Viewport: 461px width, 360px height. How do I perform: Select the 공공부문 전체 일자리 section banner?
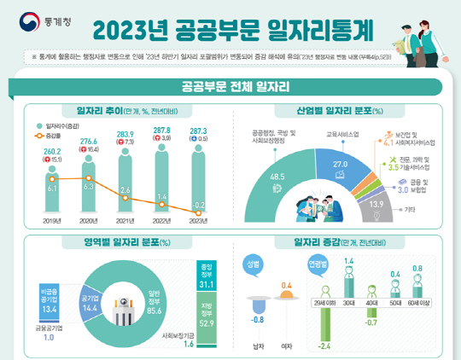click(230, 86)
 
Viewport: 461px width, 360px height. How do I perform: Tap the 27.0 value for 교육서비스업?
click(339, 163)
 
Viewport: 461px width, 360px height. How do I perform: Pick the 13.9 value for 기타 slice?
click(375, 204)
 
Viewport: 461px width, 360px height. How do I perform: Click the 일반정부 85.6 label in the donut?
click(155, 296)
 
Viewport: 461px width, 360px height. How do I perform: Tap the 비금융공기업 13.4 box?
click(47, 295)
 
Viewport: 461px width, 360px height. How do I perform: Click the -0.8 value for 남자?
click(257, 320)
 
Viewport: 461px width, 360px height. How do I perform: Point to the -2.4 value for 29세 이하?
click(324, 345)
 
